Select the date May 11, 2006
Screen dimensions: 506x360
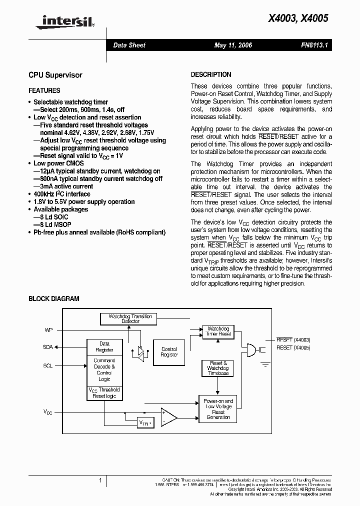point(233,45)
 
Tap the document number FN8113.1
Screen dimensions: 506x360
point(313,45)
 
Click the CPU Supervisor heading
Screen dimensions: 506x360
point(55,75)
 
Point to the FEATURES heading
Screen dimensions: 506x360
point(44,90)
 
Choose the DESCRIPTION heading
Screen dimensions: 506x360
point(211,74)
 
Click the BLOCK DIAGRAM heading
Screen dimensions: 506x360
point(53,298)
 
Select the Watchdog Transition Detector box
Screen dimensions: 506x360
point(126,318)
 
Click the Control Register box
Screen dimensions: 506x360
point(169,352)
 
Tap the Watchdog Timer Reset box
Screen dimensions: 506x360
point(218,331)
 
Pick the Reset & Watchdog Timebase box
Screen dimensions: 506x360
point(217,368)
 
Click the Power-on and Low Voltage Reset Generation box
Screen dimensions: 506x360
point(218,408)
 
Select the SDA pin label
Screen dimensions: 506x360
point(47,346)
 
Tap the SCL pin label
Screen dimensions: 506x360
point(47,365)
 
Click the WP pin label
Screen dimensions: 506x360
point(48,330)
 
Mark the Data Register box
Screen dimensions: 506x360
point(104,346)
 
